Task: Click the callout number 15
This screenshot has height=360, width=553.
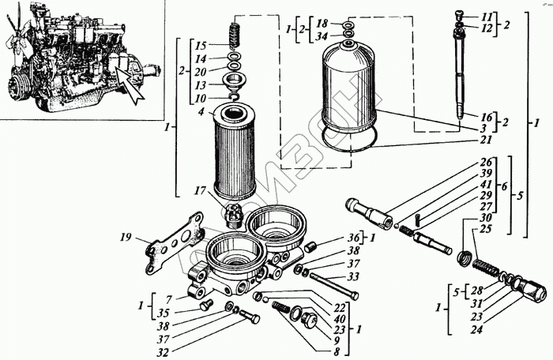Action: tap(201, 46)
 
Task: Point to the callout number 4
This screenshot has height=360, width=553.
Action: tap(201, 112)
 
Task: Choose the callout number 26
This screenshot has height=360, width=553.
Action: tap(485, 163)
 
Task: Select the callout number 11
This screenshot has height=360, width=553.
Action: tap(487, 16)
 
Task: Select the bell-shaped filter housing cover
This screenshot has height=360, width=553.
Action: tap(352, 95)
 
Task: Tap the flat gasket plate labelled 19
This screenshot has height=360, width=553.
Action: tap(172, 247)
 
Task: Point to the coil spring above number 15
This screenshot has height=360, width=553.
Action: tap(234, 36)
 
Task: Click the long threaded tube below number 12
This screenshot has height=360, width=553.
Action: tap(460, 79)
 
